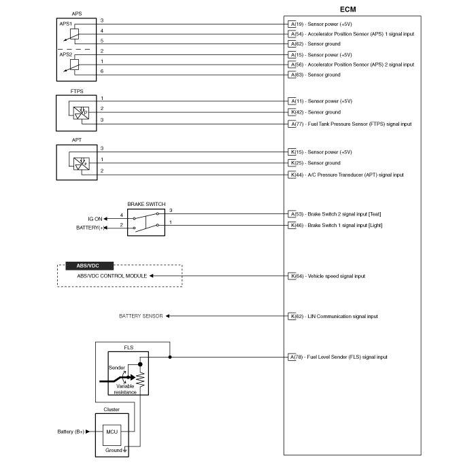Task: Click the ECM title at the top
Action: click(347, 9)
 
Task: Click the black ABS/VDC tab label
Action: click(88, 266)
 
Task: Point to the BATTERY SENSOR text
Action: click(141, 316)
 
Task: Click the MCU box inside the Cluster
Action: click(111, 431)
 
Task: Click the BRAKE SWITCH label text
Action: click(146, 204)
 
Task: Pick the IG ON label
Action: click(95, 218)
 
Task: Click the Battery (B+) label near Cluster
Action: click(71, 431)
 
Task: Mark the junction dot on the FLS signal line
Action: click(170, 357)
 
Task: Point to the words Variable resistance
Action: click(126, 389)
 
